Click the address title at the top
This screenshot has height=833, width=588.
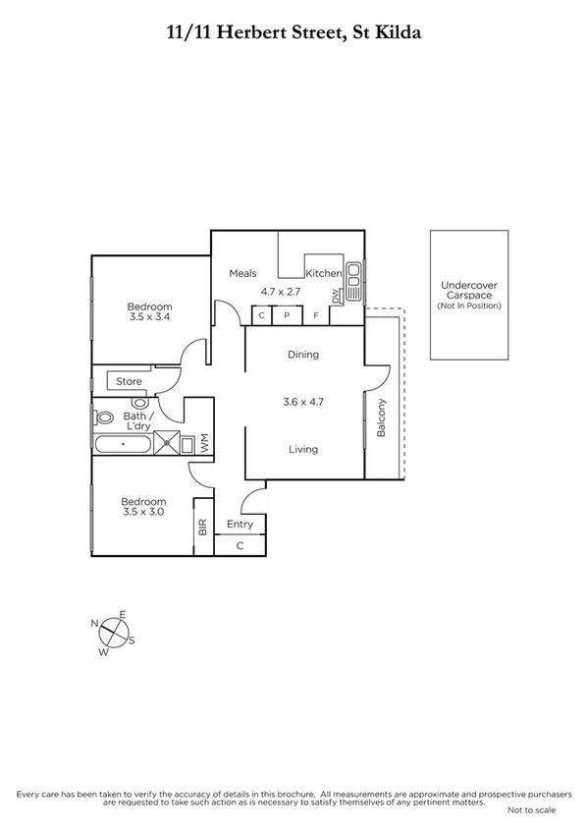pyautogui.click(x=294, y=31)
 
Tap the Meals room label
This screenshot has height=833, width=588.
pyautogui.click(x=243, y=273)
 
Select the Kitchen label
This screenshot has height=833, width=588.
pyautogui.click(x=323, y=273)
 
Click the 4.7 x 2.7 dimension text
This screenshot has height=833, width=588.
pyautogui.click(x=282, y=292)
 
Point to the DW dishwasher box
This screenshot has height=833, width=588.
pyautogui.click(x=335, y=295)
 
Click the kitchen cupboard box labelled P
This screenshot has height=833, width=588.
pyautogui.click(x=288, y=315)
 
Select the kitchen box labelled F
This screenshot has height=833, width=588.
pyautogui.click(x=316, y=315)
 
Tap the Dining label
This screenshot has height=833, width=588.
pyautogui.click(x=303, y=355)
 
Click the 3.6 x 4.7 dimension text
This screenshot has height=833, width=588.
pyautogui.click(x=303, y=401)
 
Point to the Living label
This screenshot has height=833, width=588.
pyautogui.click(x=303, y=450)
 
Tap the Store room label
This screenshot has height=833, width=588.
pyautogui.click(x=130, y=381)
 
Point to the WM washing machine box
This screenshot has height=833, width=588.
pyautogui.click(x=204, y=443)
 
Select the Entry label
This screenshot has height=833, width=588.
pyautogui.click(x=241, y=524)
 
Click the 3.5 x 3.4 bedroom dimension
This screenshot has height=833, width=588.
pyautogui.click(x=148, y=317)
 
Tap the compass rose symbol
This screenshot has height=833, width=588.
pyautogui.click(x=114, y=631)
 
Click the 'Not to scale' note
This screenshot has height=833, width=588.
pyautogui.click(x=531, y=810)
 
